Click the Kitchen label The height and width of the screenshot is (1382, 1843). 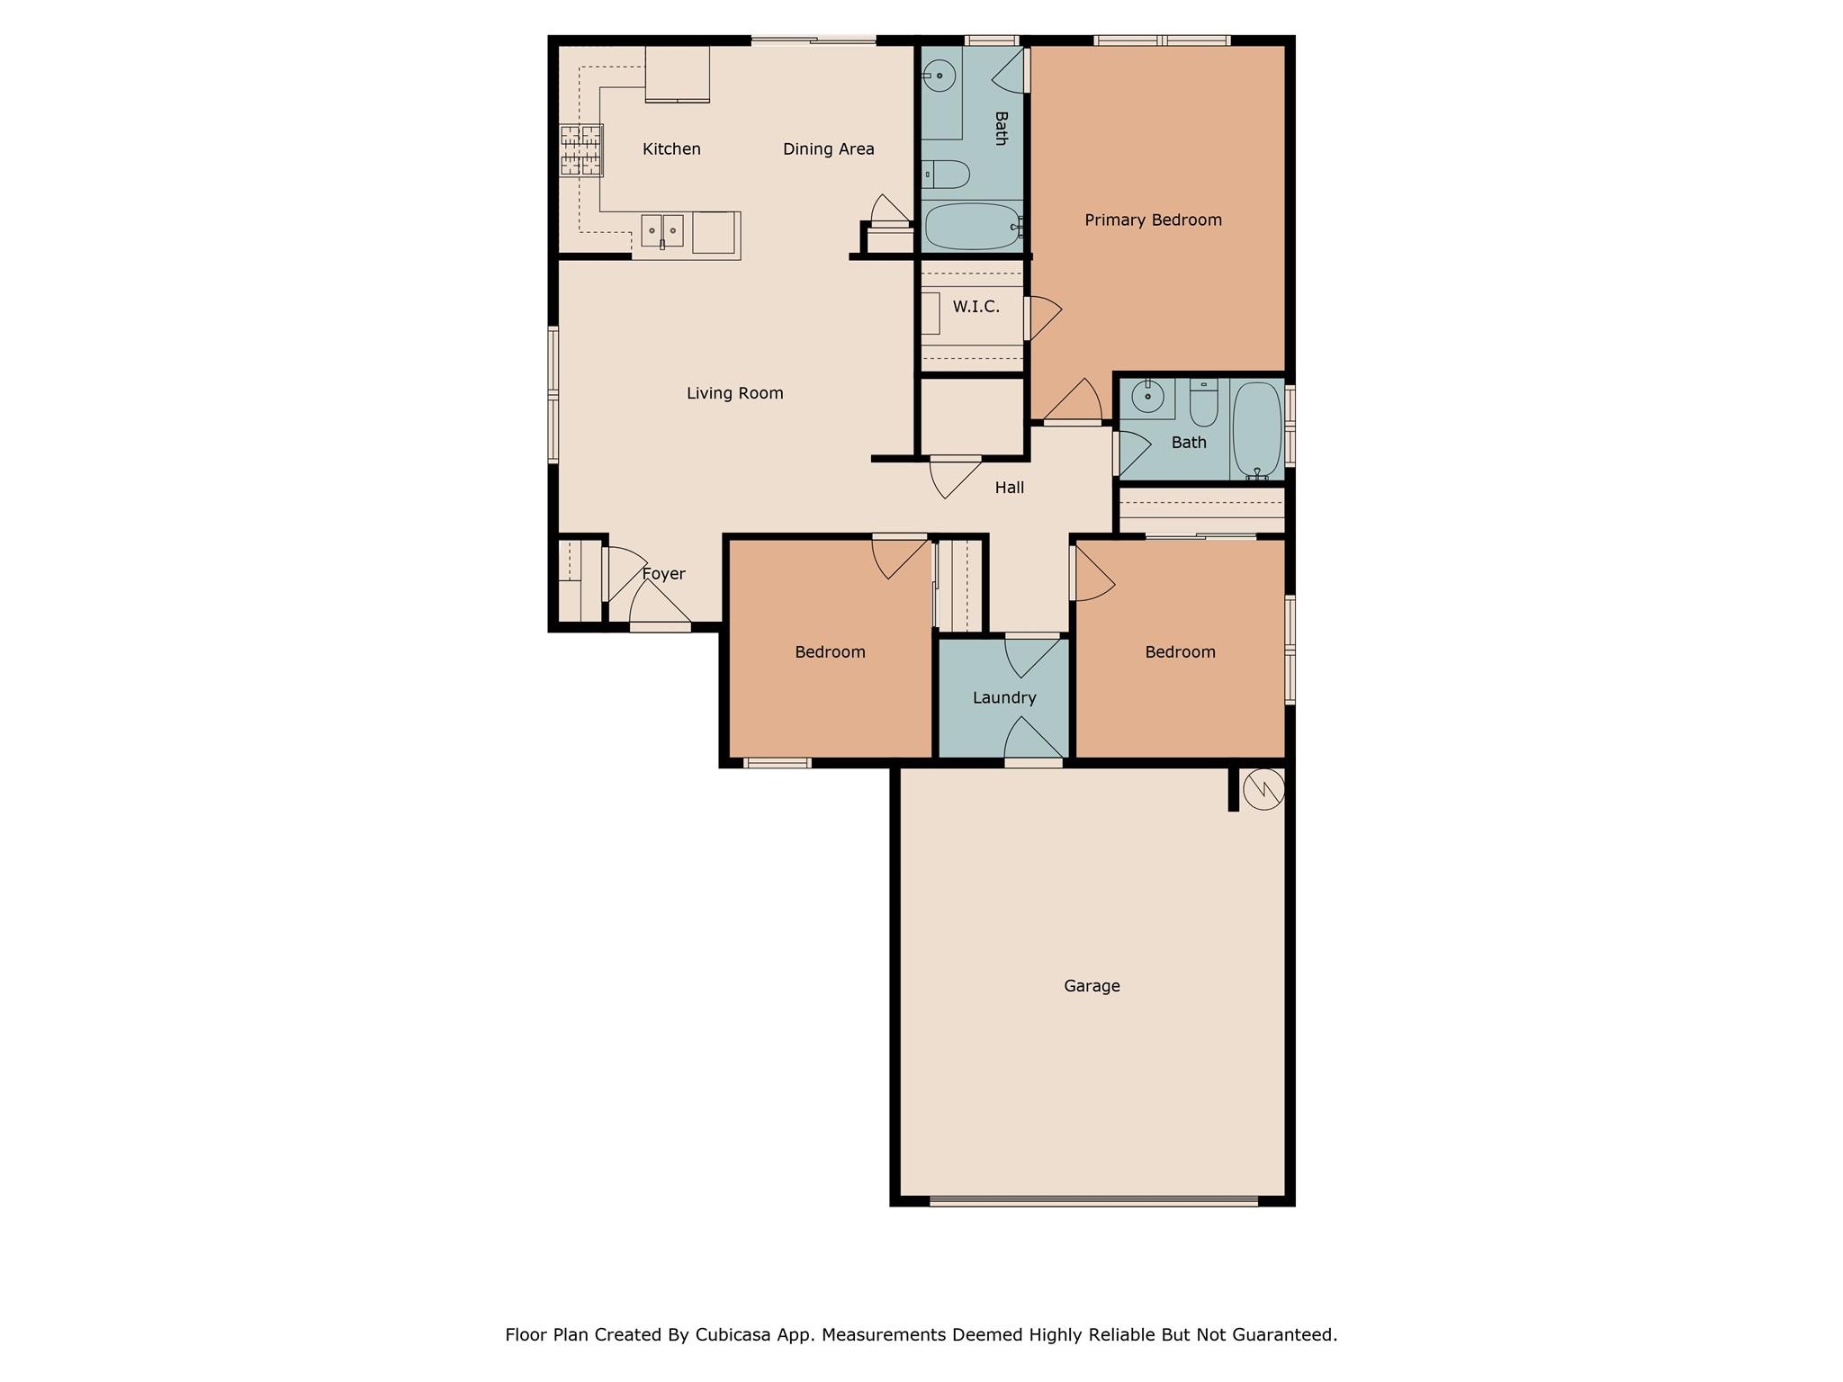pyautogui.click(x=671, y=149)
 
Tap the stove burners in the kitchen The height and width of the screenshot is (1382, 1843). pyautogui.click(x=580, y=150)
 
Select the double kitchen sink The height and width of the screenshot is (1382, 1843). pyautogui.click(x=662, y=230)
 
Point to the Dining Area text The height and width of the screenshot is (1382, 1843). pyautogui.click(x=828, y=149)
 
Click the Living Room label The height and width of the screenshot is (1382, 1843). pyautogui.click(x=734, y=393)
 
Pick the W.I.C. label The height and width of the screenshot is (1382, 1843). pyautogui.click(x=975, y=307)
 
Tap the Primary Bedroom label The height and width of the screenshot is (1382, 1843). pyautogui.click(x=1153, y=220)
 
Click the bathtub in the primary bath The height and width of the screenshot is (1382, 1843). pyautogui.click(x=972, y=226)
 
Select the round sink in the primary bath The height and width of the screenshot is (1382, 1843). pyautogui.click(x=939, y=76)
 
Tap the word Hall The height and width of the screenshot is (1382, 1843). pyautogui.click(x=1009, y=488)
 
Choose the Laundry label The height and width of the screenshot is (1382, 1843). pyautogui.click(x=1004, y=697)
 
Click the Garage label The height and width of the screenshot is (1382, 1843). pyautogui.click(x=1092, y=986)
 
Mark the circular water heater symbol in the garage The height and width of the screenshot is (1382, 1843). pyautogui.click(x=1263, y=790)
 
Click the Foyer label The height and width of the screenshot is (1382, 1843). pyautogui.click(x=664, y=574)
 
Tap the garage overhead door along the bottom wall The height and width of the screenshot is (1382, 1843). pyautogui.click(x=1093, y=1200)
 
